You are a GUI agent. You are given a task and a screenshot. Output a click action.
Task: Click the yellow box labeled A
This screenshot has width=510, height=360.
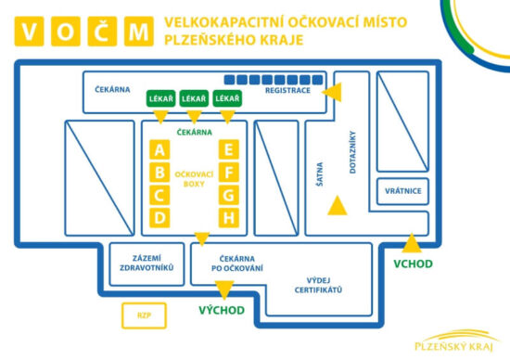coord(161,150)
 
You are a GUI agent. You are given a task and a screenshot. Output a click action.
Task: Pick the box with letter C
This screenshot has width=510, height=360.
coord(161,195)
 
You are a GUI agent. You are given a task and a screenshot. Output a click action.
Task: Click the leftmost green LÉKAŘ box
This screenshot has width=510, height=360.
coord(160,98)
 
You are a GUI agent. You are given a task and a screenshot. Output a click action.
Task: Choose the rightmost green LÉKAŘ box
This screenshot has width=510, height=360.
coord(227,98)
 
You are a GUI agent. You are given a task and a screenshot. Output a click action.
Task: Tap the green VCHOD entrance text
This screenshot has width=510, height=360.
coord(413,263)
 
